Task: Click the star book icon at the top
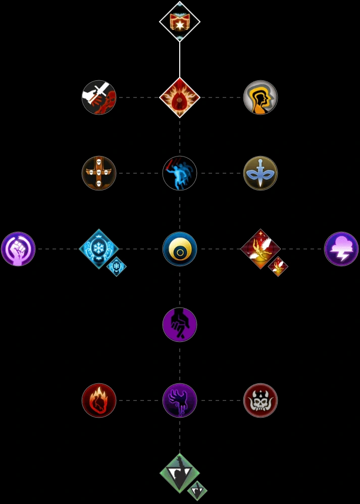180,22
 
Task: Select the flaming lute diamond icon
180,97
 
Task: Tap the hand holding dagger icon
99,97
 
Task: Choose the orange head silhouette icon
261,97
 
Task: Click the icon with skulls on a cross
99,173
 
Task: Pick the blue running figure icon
180,173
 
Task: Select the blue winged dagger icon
261,173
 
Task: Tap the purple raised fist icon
18,249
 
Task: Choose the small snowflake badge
117,266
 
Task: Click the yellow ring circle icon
180,249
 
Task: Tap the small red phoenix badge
278,266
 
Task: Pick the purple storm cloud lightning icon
341,249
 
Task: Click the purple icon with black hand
180,325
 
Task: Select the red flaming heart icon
99,400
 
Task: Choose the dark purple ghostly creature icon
180,400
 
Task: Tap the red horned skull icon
261,400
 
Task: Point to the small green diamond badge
197,490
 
